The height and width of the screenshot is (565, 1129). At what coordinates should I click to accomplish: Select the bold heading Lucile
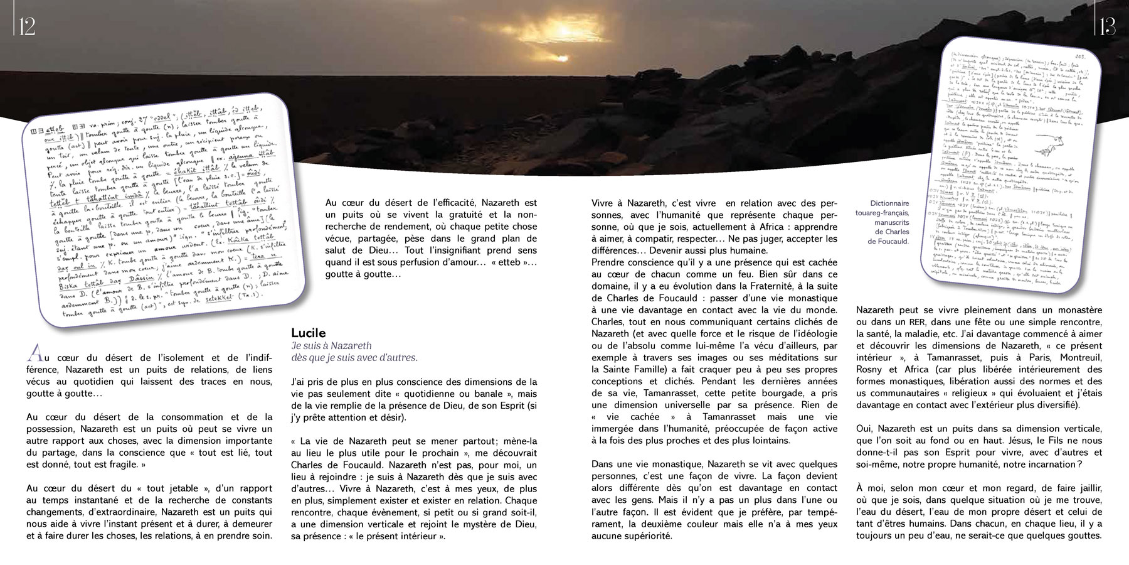[309, 333]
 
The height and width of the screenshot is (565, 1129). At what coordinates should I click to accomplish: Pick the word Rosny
[870, 369]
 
